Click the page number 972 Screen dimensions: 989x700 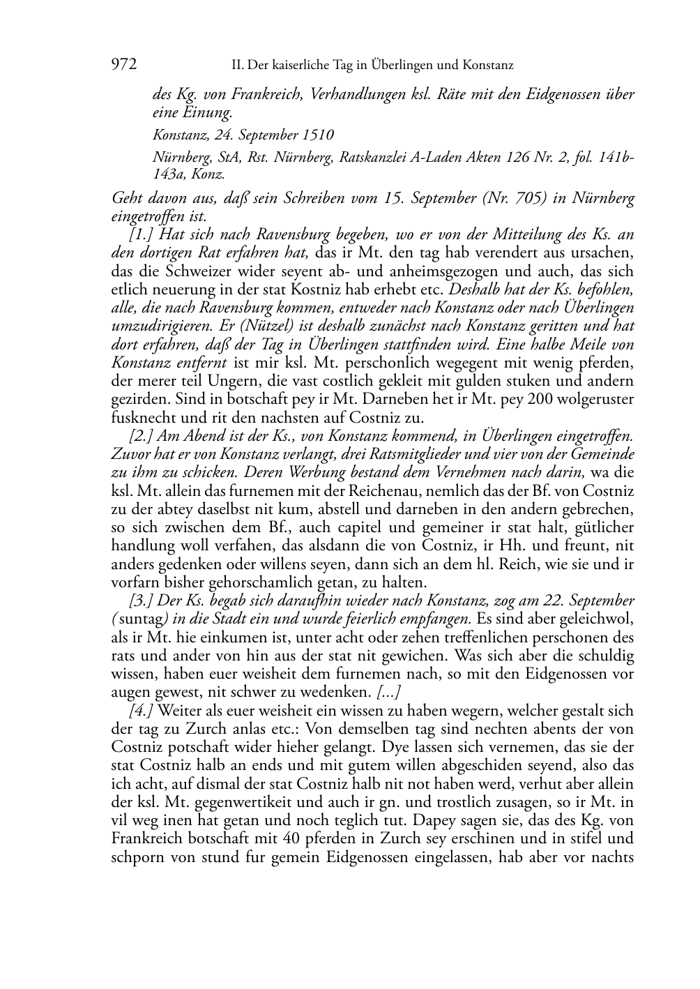(x=123, y=65)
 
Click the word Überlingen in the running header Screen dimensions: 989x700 (x=376, y=66)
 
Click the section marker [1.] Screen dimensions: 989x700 (x=144, y=235)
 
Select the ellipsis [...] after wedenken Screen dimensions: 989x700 (x=387, y=691)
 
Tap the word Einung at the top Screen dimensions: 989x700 (x=206, y=112)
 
